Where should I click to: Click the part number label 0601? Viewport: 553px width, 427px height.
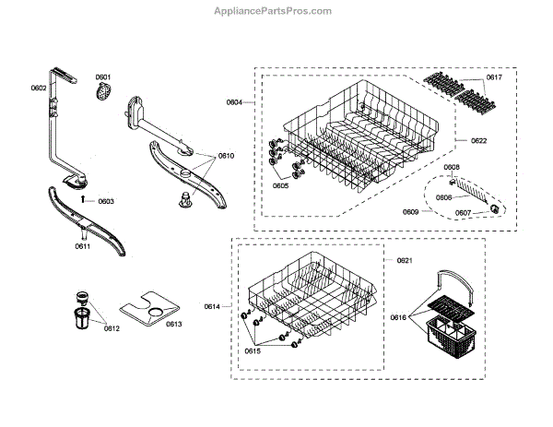(103, 77)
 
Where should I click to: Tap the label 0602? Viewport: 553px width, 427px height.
(38, 88)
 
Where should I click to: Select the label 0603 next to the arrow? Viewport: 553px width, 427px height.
(106, 200)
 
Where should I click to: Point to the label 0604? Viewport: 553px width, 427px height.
(234, 101)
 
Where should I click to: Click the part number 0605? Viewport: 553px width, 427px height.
(280, 185)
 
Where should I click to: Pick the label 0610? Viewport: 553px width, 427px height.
(227, 157)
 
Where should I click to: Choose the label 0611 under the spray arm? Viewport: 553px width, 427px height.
(82, 247)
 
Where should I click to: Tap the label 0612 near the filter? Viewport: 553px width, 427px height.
(112, 328)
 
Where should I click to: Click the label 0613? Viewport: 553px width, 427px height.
(173, 324)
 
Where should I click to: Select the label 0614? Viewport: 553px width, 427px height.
(212, 306)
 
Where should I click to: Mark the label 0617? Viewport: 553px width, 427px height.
(495, 77)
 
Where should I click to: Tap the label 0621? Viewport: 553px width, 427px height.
(404, 261)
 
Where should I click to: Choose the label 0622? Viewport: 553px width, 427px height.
(479, 140)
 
